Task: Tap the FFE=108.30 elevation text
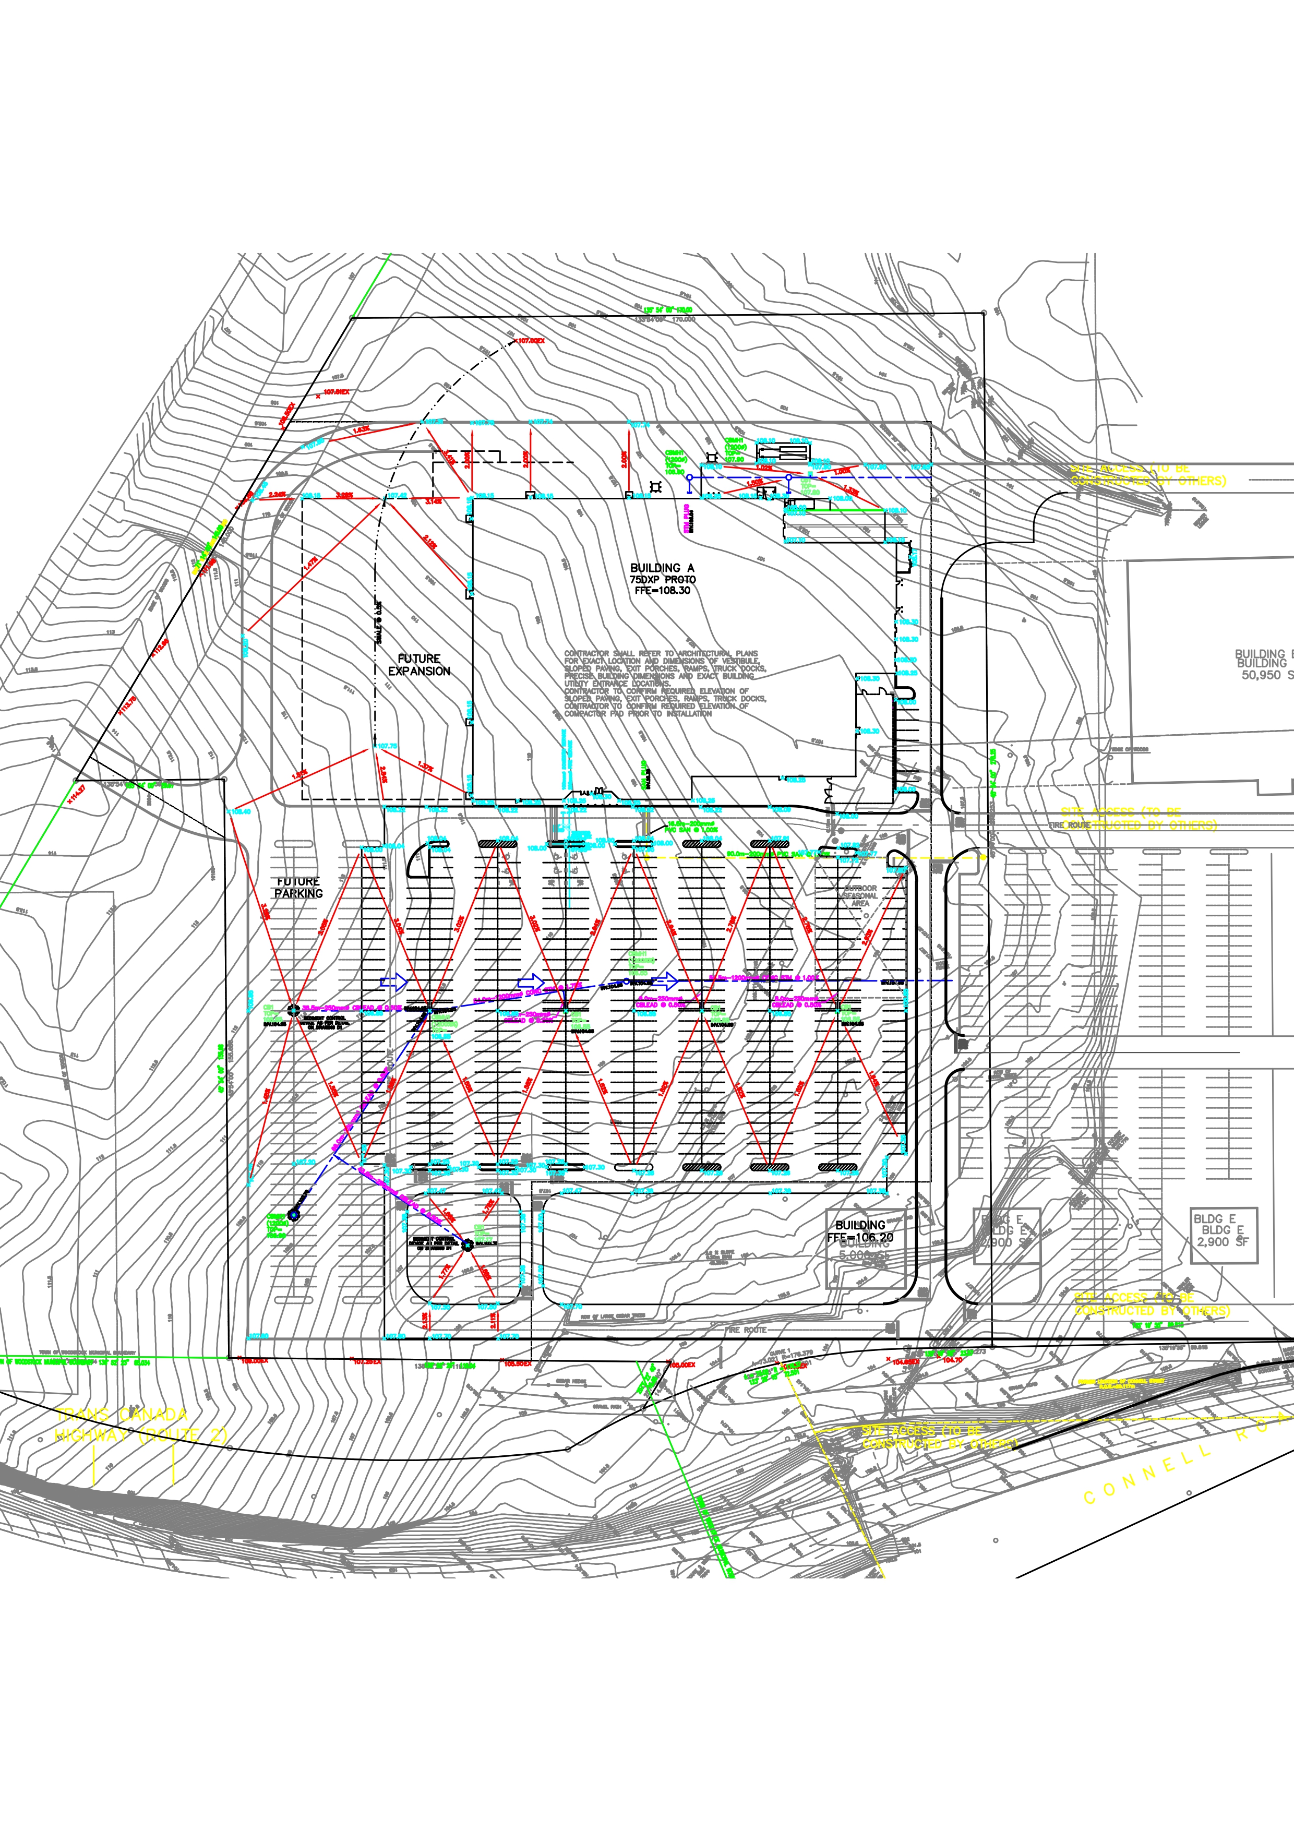[662, 591]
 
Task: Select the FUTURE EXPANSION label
[418, 665]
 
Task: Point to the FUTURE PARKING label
[298, 888]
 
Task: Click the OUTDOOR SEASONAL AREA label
[859, 895]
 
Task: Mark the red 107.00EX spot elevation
[530, 341]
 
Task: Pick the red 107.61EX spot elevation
[336, 392]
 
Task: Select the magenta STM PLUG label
[687, 518]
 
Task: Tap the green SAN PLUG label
[644, 773]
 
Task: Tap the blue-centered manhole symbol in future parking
[293, 1215]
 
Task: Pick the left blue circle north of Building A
[690, 477]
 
